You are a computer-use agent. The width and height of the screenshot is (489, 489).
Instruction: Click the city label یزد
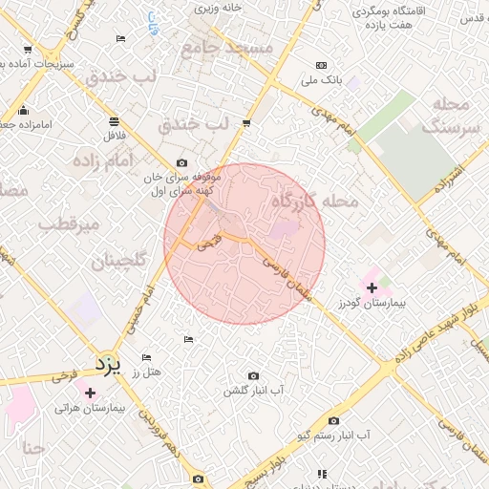pos(108,364)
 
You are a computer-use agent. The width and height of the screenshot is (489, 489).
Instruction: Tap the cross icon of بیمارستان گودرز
pos(372,287)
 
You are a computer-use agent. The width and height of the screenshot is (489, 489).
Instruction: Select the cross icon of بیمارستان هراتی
pos(90,393)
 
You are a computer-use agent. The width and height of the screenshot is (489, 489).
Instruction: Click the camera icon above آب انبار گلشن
pos(253,376)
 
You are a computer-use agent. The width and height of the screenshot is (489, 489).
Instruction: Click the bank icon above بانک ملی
pos(320,66)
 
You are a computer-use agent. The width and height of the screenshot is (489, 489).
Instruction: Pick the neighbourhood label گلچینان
pos(118,261)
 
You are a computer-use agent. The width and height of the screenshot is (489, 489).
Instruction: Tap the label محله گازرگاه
pos(314,202)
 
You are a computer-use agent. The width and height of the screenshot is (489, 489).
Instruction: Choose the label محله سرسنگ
pos(448,115)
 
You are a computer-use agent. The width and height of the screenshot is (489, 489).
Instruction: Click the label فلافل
pos(115,135)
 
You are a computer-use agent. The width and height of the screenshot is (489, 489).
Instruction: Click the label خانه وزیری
pos(219,8)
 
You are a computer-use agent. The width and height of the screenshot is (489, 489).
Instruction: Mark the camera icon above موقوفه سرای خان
pos(182,162)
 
